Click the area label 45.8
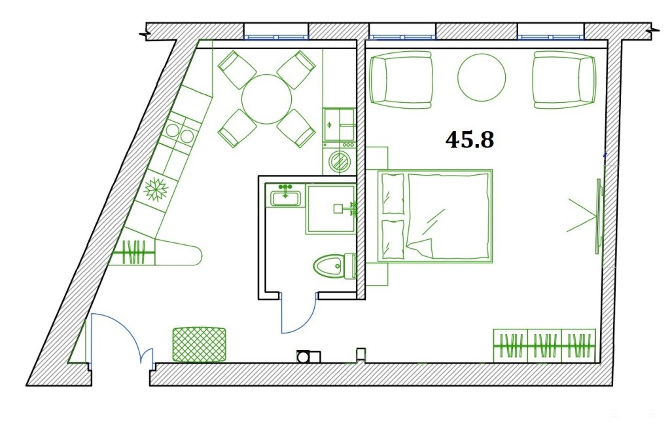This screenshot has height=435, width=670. (x=470, y=140)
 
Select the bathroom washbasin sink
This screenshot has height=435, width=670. (x=285, y=198)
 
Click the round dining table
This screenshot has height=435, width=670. (x=267, y=99)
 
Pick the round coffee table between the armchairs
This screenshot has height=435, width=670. (x=482, y=77)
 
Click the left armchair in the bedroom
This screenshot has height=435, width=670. (x=402, y=79)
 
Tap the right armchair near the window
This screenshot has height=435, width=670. (x=564, y=79)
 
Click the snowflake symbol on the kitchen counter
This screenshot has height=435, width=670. (x=156, y=189)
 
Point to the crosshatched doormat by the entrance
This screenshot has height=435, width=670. (x=199, y=345)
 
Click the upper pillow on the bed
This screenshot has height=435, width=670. (x=393, y=194)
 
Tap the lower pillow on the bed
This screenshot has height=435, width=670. (x=393, y=240)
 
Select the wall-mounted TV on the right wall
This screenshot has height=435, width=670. (x=599, y=216)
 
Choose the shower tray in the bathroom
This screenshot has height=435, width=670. (x=330, y=209)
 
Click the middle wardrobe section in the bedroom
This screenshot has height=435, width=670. (x=544, y=345)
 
